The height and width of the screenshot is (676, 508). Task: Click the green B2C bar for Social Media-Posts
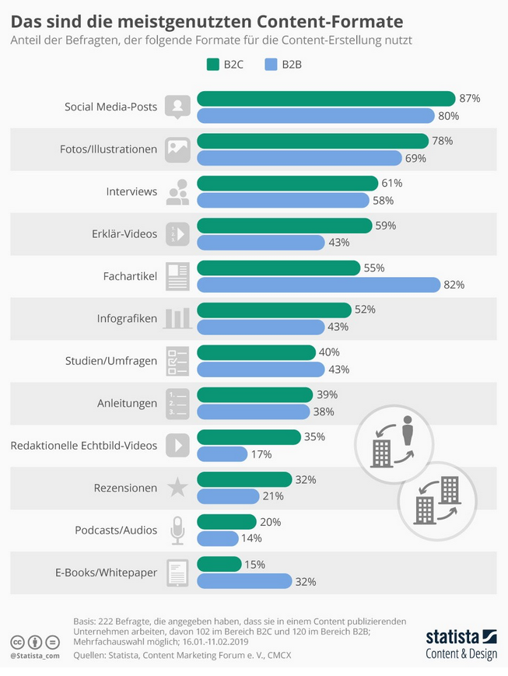[x=326, y=98]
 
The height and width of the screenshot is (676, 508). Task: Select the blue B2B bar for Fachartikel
[x=318, y=285]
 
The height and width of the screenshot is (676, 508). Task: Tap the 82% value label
[x=454, y=285]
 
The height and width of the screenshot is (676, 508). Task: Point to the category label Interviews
[x=131, y=191]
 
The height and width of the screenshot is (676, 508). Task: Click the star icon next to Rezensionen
[x=177, y=488]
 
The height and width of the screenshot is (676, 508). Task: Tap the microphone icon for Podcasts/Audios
[x=177, y=531]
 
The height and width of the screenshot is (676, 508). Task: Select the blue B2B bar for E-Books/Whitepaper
[x=244, y=581]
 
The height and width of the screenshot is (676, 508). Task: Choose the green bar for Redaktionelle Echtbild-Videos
[x=249, y=436]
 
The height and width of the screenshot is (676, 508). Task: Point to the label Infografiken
[x=127, y=318]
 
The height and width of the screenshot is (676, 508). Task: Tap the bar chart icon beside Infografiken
[x=177, y=317]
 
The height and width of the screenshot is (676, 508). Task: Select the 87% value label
[x=470, y=98]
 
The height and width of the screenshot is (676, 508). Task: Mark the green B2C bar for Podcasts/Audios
[x=226, y=521]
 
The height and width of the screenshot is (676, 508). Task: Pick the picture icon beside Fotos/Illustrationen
[x=177, y=149]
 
